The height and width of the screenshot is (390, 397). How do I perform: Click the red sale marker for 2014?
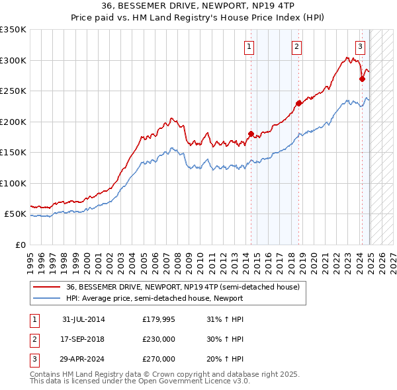coord(251,134)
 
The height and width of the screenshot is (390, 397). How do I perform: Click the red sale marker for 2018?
coord(298,102)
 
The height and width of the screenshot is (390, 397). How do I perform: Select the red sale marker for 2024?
coord(362,79)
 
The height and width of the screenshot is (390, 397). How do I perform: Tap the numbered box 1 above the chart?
coord(249,46)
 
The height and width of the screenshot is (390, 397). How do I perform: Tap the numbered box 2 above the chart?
coord(296,46)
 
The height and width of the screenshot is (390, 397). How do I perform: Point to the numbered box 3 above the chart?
coord(360,46)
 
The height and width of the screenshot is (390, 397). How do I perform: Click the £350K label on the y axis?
coord(13,30)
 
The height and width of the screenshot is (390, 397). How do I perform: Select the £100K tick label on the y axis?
coord(13,183)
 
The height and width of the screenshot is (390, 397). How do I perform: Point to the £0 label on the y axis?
coord(19,245)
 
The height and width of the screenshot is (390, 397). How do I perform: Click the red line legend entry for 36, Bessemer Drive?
coord(183,287)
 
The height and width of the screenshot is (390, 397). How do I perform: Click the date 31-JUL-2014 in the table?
coord(83,320)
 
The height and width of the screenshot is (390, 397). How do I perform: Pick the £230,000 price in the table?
coord(159,339)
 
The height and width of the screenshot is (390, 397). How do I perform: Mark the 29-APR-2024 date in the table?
coord(83,359)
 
